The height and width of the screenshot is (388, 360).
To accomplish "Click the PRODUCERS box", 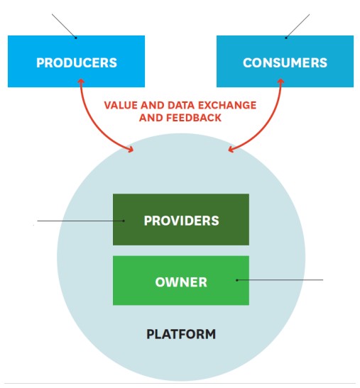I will (x=76, y=62).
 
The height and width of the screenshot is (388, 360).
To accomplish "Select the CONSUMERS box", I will (x=285, y=62).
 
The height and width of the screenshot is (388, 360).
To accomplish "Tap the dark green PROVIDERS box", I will (x=181, y=220).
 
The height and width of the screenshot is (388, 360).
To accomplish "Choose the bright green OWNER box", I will (x=181, y=282).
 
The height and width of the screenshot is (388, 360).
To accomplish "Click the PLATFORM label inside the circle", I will (x=181, y=333).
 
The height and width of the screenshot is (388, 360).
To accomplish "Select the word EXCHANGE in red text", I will (x=228, y=104).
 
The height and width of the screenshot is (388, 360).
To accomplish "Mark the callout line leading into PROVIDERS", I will (x=78, y=221).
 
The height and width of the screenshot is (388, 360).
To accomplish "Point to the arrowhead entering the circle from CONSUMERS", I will (x=232, y=149).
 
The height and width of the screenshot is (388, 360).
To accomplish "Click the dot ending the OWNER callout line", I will (x=237, y=280).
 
